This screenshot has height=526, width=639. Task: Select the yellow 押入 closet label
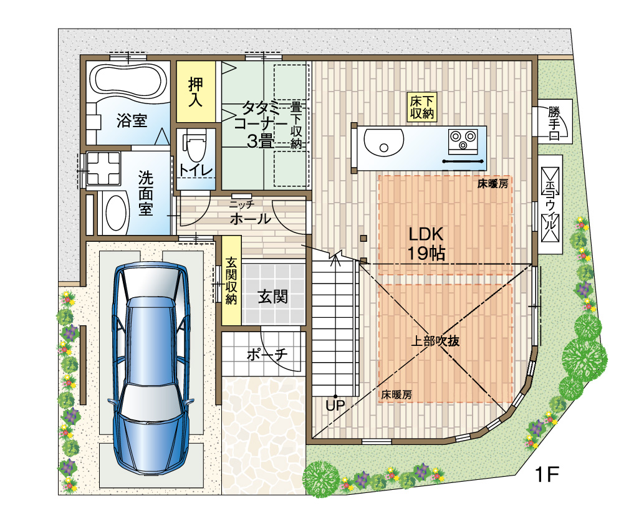coord(196,92)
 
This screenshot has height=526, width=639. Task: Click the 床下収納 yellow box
coord(422,107)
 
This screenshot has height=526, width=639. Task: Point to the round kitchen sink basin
coord(383,142)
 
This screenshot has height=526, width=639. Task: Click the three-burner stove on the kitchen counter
coord(463,141)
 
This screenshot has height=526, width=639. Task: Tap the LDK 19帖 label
coord(426,244)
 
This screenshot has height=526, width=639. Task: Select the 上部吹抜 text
coord(435,341)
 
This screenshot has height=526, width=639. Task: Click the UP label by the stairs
coord(335,405)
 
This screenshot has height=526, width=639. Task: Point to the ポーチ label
coord(267,354)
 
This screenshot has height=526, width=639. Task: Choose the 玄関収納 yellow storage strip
coord(231,280)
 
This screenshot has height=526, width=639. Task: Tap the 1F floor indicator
coord(546,474)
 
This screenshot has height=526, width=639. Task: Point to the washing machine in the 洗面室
coord(103,168)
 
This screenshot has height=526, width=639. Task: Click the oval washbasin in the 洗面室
coord(116,213)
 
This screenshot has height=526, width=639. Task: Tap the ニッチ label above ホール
coord(242,204)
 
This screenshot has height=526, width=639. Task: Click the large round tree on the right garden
coord(584,360)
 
